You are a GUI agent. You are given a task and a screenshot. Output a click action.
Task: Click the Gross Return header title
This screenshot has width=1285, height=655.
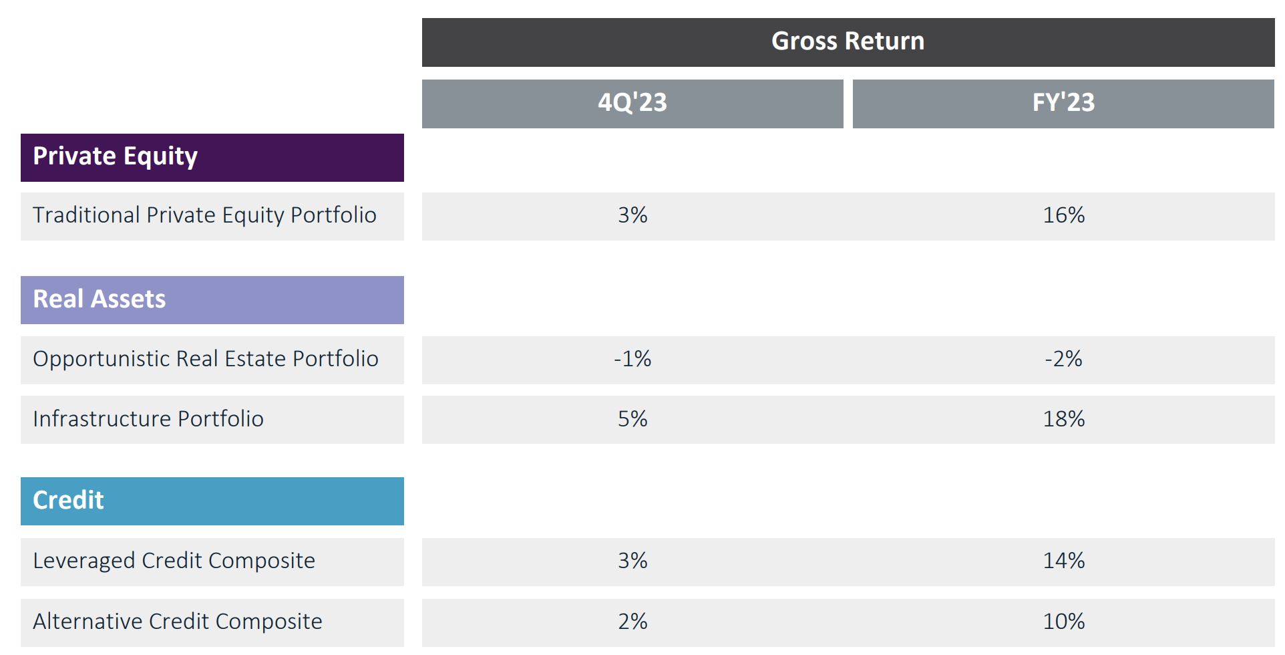click(848, 41)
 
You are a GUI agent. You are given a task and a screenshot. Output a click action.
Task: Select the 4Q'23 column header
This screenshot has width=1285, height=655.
click(632, 103)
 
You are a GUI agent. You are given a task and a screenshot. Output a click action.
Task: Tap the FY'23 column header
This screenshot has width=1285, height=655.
click(1063, 103)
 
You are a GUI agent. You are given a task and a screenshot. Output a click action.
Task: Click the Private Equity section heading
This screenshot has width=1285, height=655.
click(115, 157)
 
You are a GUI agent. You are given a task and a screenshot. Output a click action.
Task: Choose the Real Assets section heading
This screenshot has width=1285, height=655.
click(100, 299)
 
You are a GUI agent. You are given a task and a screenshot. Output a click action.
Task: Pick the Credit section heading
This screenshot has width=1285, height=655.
click(68, 501)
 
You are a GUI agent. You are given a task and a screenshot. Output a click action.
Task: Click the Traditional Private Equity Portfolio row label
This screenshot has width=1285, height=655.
click(204, 216)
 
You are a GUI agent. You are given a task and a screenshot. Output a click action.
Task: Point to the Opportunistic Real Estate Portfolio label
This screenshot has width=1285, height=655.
click(206, 360)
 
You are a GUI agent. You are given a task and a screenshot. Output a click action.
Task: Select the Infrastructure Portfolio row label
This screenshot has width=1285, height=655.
click(148, 419)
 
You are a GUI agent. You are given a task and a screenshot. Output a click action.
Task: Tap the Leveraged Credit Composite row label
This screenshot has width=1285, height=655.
click(174, 561)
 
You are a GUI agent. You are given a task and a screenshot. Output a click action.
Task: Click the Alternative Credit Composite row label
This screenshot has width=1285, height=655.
click(178, 622)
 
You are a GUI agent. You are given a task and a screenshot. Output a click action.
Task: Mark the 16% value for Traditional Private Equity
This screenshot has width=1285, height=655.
click(1063, 216)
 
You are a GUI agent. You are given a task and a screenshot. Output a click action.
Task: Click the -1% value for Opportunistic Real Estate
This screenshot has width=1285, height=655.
click(632, 360)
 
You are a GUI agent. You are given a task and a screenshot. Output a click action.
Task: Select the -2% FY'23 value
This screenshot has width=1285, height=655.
click(1063, 360)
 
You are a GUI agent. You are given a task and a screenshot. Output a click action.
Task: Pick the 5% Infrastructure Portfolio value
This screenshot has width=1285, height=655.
click(632, 419)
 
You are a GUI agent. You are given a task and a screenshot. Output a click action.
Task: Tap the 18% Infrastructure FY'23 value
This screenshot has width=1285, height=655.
click(1063, 419)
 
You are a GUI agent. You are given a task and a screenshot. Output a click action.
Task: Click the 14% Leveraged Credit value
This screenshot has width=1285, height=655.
click(1063, 561)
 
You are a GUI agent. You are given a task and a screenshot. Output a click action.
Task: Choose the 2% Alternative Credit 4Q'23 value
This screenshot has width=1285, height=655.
click(632, 622)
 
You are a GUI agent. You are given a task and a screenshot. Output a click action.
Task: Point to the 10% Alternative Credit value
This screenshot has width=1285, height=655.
click(1063, 622)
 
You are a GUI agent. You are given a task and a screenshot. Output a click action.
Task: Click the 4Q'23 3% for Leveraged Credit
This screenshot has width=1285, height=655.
click(632, 561)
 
